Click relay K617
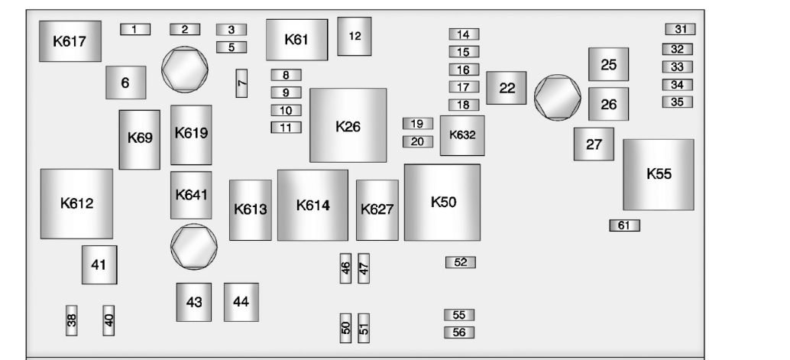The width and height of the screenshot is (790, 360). (x=70, y=41)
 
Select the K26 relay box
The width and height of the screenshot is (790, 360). (x=348, y=125)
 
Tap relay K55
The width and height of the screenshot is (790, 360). (x=658, y=174)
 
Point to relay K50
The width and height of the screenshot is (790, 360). (x=442, y=203)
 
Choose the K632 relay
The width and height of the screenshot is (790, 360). (x=461, y=135)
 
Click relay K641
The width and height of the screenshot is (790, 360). (x=190, y=195)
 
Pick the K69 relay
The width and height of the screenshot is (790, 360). (x=139, y=139)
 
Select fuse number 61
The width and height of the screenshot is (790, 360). (x=623, y=225)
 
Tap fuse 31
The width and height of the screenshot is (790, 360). (x=680, y=30)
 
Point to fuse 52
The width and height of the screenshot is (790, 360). (x=460, y=262)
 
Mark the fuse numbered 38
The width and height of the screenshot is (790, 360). (x=72, y=321)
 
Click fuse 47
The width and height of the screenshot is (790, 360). (x=364, y=268)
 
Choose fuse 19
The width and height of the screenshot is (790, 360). (x=417, y=124)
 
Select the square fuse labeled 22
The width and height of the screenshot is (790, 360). (x=507, y=88)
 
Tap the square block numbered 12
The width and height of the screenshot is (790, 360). (x=354, y=36)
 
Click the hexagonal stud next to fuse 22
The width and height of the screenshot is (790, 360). (x=557, y=97)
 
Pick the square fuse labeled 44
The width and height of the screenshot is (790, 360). (x=241, y=302)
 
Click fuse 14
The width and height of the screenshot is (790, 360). (x=463, y=34)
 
